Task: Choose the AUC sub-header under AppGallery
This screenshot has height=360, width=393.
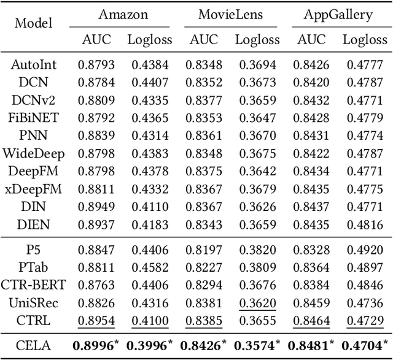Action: pos(311,40)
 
